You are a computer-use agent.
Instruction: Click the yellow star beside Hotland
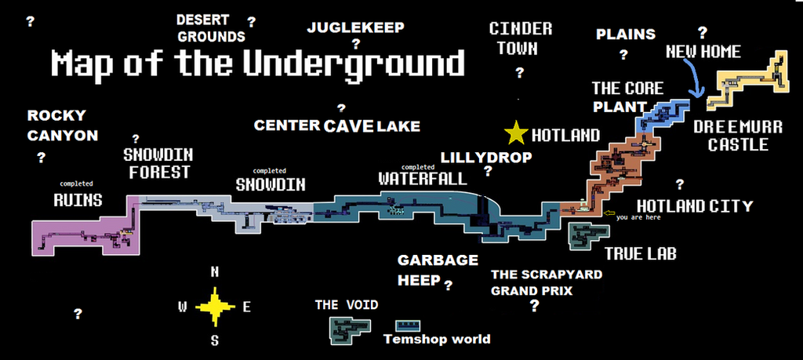coord(516,133)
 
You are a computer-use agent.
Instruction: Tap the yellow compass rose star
coord(215,307)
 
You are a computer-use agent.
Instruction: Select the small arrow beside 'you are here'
coord(609,213)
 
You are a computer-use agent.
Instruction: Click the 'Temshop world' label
coord(437,339)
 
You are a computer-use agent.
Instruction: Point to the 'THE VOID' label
coord(347,305)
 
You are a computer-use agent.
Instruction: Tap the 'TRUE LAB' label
coord(641,253)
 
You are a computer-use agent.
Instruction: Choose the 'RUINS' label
coord(78,200)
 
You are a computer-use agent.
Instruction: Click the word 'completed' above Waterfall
coord(418,167)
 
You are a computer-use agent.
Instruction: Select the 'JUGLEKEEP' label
coord(355,27)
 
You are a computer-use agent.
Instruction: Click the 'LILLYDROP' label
coord(486,157)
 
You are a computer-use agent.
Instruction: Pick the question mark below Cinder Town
coord(520,73)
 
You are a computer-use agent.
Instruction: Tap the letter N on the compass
coord(215,272)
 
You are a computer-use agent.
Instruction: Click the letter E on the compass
coord(246,307)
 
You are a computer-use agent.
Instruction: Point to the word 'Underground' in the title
coord(354,64)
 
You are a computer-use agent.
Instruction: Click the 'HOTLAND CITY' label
coord(695,205)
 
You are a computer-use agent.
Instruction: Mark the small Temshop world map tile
coord(408,325)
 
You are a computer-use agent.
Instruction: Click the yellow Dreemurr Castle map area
coord(747,81)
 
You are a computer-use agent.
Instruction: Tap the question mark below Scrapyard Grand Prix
coord(534,306)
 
